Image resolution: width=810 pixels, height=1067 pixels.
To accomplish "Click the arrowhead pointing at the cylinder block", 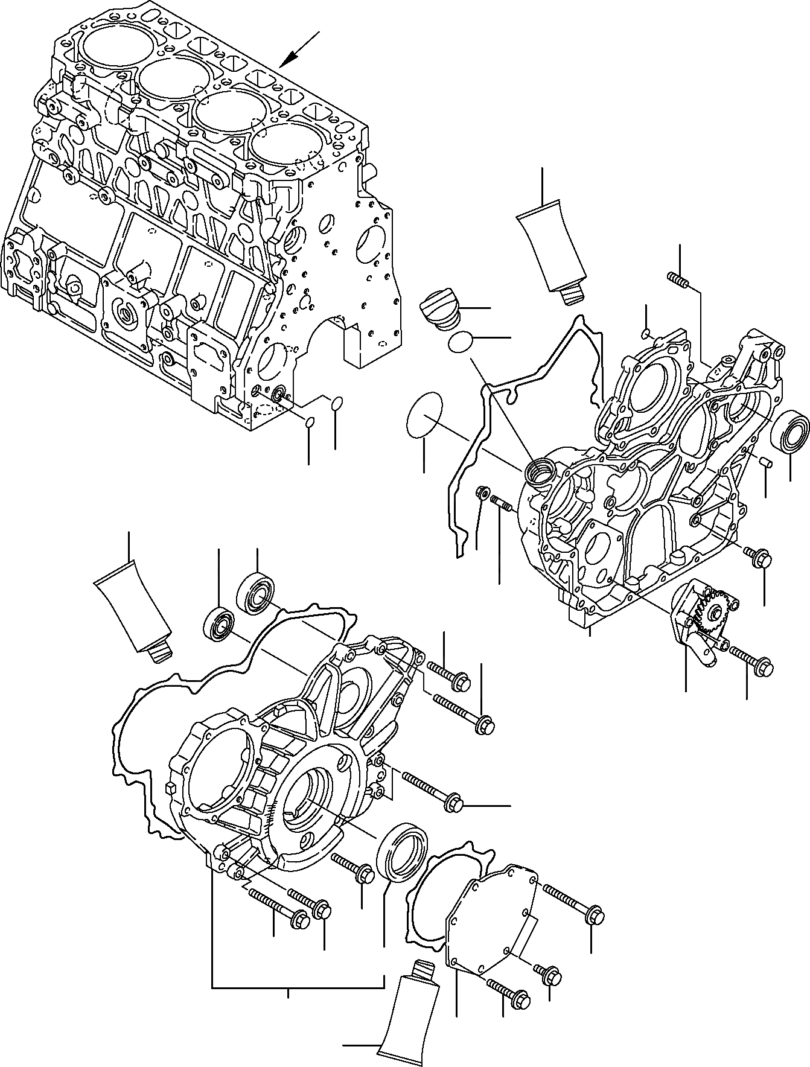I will [289, 59].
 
